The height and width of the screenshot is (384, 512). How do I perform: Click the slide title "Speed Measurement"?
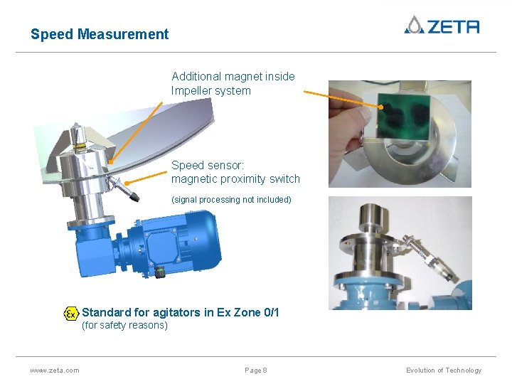point(100,34)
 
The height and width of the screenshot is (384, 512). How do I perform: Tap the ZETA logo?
point(442,26)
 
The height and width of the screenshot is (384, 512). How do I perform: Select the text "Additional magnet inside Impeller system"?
point(233,83)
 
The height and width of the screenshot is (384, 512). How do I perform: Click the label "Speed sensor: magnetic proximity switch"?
point(235,172)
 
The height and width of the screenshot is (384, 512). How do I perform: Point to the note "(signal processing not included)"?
point(231,200)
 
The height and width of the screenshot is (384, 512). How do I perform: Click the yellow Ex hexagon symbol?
point(71,314)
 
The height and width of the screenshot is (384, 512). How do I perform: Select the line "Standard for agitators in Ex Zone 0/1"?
point(181,312)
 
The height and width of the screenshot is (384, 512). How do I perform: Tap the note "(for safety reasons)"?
point(124,326)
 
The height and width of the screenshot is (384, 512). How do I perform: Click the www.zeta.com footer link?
point(55,370)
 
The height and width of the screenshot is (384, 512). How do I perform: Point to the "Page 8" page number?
point(256,370)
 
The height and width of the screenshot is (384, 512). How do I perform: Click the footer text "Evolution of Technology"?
point(444,370)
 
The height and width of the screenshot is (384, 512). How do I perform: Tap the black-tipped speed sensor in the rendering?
point(129,191)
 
